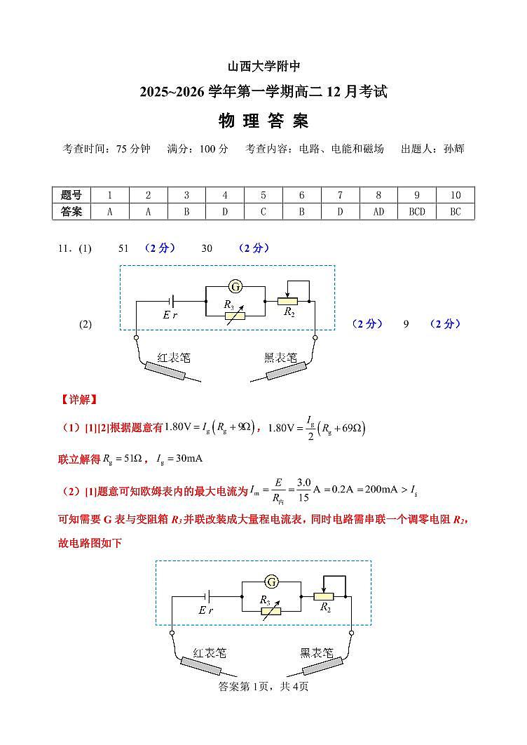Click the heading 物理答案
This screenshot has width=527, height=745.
263,121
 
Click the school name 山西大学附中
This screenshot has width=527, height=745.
263,67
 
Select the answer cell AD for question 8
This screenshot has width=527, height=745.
378,212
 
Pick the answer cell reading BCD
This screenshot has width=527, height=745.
417,212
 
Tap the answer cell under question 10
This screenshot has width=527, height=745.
456,212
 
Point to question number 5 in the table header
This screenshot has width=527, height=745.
263,195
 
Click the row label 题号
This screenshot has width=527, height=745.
71,195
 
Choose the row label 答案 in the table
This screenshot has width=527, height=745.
71,212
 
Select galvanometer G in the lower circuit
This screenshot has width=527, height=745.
271,582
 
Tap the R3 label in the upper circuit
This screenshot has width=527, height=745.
228,304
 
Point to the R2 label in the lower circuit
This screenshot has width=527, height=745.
326,608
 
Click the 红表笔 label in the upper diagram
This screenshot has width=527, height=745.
174,357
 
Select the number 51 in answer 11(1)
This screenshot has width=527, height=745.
124,248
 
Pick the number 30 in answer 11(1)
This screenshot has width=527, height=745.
207,248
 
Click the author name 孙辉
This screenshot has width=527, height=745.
453,149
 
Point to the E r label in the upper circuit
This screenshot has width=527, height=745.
170,315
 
